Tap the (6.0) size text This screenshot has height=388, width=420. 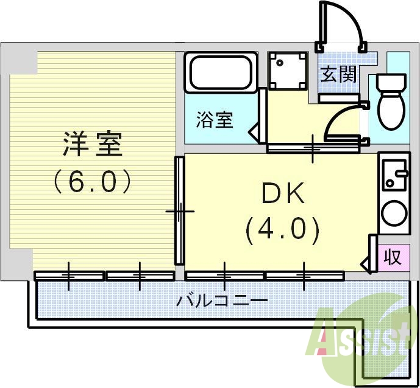(93, 181)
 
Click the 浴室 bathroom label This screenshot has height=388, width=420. (215, 120)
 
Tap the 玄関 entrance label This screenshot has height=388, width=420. (338, 75)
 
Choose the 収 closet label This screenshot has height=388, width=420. (393, 257)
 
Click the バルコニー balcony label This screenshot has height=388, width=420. (222, 300)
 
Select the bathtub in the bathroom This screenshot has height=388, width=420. (220, 73)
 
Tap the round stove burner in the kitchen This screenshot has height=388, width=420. (393, 213)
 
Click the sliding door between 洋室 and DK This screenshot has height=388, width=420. (180, 210)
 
